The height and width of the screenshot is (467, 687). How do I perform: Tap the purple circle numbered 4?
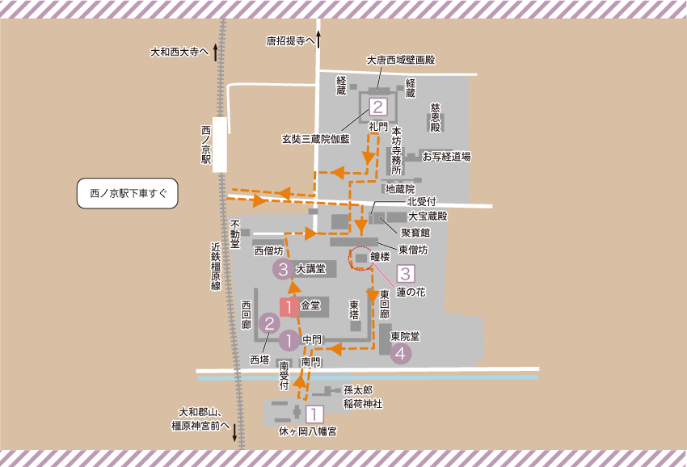(401, 353)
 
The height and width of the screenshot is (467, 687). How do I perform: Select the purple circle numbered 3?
(282, 269)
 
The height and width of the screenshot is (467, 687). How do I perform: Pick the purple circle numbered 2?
(268, 323)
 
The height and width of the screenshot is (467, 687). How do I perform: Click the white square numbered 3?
(406, 274)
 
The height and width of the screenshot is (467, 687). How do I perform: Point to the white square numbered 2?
(377, 107)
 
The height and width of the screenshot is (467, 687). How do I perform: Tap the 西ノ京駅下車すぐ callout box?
(128, 194)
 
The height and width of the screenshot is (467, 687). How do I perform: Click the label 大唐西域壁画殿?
(401, 60)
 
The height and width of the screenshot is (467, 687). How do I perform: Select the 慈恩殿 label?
(435, 117)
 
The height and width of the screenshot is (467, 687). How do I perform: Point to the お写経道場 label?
(446, 157)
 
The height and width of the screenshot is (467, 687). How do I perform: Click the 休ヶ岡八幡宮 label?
(308, 431)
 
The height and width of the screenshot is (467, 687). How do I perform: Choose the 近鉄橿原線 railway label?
(216, 266)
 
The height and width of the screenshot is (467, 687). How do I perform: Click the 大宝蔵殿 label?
(428, 217)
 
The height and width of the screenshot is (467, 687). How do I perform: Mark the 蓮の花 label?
(411, 291)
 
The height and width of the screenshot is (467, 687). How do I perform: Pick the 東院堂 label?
(405, 335)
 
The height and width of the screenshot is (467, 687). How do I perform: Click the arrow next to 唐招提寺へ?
(318, 39)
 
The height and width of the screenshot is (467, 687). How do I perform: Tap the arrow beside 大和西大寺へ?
(216, 52)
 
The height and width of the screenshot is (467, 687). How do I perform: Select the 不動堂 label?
(235, 234)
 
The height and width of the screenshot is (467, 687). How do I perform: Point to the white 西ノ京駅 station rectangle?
(220, 145)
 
